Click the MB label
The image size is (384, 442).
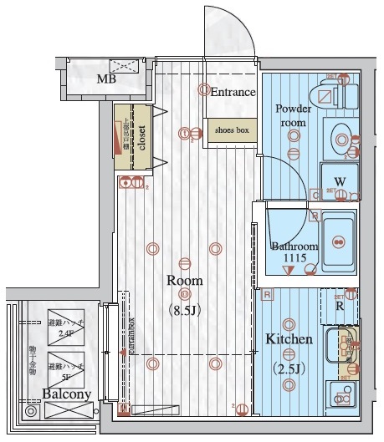(x=105, y=80)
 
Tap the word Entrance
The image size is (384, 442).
(x=232, y=92)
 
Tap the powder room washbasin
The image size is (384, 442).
(x=340, y=136)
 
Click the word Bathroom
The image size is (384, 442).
(x=294, y=246)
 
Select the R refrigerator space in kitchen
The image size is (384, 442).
(x=339, y=307)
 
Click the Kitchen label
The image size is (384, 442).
(x=289, y=340)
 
